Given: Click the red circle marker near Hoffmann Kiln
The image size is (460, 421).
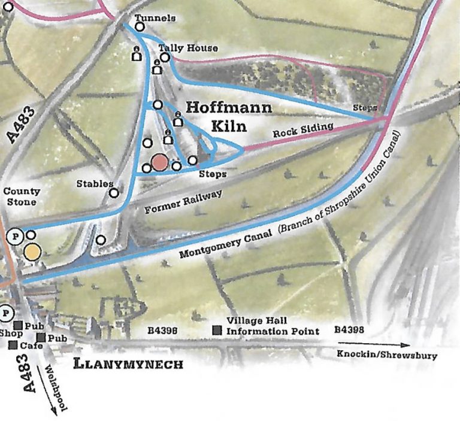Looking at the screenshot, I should point(159,162).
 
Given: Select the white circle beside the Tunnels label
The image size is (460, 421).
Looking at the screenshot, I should point(140,26).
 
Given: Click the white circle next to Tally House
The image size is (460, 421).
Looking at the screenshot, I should point(165,57).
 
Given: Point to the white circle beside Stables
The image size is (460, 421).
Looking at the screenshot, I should point(114,193).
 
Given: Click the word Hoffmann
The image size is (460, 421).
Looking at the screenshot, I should point(228,108).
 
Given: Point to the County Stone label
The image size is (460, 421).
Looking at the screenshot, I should point(22,196).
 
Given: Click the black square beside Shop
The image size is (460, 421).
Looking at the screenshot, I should point(18,325).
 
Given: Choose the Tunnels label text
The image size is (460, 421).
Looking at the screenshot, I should point(155,18).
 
